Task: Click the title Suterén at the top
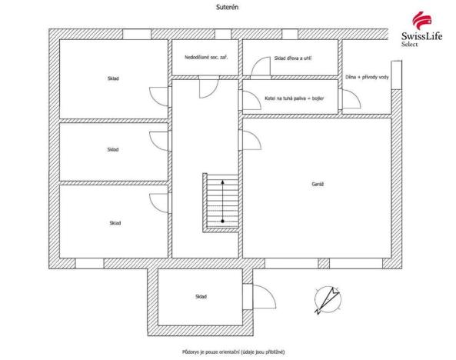(x=226, y=6)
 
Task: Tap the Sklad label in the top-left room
(x=114, y=78)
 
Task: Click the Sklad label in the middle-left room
(x=113, y=149)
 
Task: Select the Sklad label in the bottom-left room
(x=114, y=223)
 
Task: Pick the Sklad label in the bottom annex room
(x=200, y=296)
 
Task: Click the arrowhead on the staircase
(x=223, y=182)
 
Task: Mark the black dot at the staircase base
(x=223, y=222)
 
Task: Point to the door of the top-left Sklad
(x=160, y=96)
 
